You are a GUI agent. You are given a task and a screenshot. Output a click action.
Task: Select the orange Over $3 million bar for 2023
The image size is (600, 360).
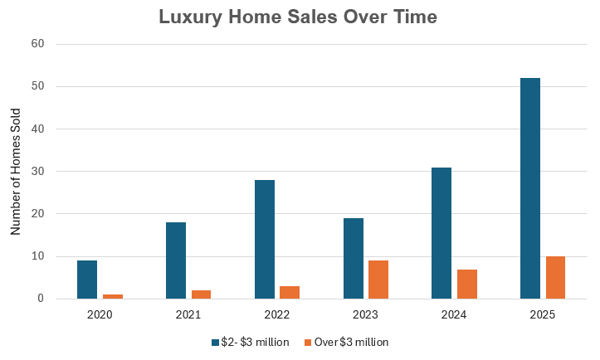[x=378, y=280]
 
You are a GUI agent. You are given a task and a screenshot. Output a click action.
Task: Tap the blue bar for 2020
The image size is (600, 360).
[x=87, y=280]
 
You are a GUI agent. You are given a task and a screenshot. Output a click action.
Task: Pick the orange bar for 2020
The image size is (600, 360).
[x=113, y=296]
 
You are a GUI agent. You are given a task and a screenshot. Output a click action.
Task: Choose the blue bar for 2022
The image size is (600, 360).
[x=265, y=239]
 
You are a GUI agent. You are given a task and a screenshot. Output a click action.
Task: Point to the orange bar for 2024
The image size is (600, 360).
[x=466, y=284]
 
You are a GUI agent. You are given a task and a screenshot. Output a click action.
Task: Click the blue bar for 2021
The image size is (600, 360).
[x=176, y=260]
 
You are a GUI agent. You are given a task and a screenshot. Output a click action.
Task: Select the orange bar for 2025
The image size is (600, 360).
[x=555, y=277]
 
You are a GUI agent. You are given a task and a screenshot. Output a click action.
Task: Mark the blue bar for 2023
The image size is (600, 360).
[x=353, y=258]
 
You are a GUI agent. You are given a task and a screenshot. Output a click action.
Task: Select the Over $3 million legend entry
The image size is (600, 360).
[x=347, y=342]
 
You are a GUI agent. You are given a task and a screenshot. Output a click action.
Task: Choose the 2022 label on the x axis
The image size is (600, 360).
[x=277, y=315]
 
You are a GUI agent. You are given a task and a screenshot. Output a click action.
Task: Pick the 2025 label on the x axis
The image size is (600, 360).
[x=543, y=315]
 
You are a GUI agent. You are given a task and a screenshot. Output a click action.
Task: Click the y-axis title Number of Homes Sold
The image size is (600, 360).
[x=16, y=171]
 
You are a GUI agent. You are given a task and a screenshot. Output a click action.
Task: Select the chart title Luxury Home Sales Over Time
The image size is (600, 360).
[x=300, y=17]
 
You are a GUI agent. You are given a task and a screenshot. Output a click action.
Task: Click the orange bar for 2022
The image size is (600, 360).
[x=290, y=292]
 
